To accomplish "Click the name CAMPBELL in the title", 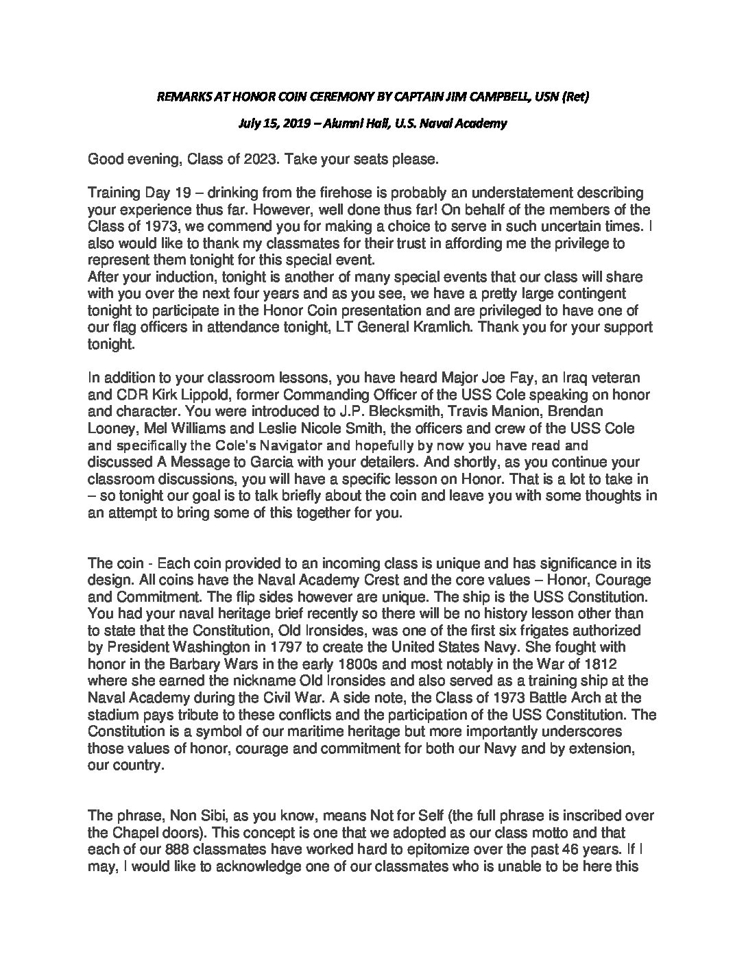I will coord(487,97).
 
